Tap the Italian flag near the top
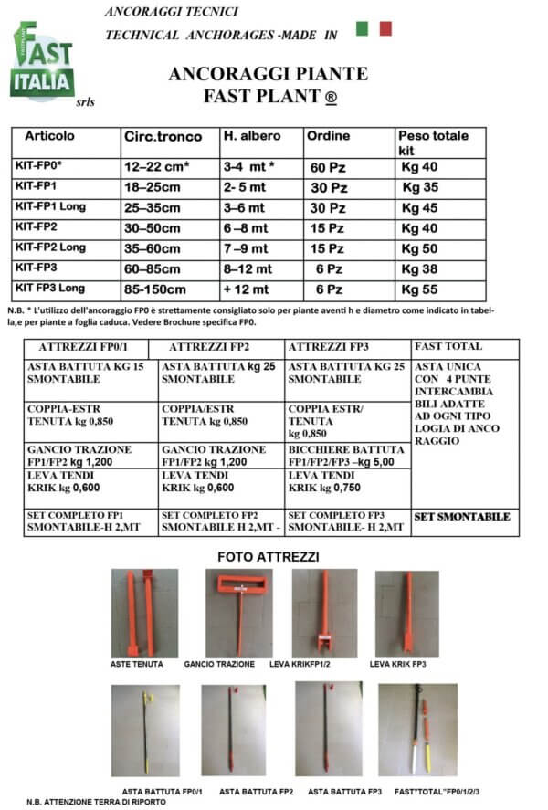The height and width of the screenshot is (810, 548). tap(374, 28)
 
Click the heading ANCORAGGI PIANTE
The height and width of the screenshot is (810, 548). tap(269, 73)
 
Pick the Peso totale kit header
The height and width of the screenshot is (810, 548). tap(432, 142)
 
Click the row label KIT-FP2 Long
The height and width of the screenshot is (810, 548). tap(50, 247)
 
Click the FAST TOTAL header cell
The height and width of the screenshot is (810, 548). tap(448, 347)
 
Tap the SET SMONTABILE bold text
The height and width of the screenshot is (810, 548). tap(461, 517)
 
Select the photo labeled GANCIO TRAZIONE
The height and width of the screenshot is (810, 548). tap(238, 612)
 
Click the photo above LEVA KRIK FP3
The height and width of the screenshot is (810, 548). tap(407, 612)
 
